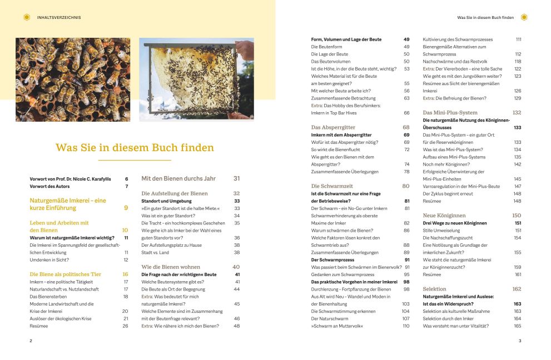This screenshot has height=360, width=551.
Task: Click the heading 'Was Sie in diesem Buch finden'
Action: coord(135,148)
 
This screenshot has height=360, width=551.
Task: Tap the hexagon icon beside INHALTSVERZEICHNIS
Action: coord(27,17)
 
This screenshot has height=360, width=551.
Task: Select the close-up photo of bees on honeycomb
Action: coord(73,79)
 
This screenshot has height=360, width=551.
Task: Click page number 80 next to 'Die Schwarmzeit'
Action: coord(406,186)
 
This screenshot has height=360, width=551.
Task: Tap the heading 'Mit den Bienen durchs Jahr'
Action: coord(178,178)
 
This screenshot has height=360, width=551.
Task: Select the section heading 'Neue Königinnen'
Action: coord(444,215)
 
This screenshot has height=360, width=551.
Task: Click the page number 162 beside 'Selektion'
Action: coord(517,289)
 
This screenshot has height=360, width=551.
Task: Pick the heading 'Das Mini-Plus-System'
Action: coord(450,112)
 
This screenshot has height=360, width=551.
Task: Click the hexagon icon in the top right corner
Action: coord(524,17)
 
